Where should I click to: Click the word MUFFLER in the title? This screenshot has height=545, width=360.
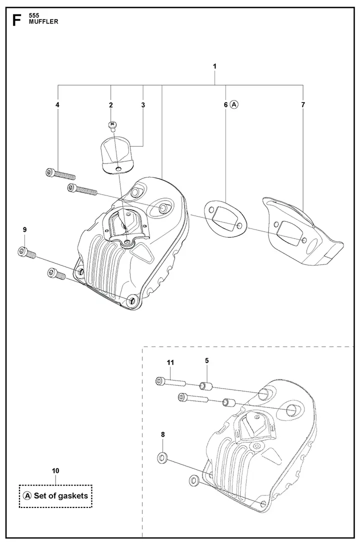point(43,22)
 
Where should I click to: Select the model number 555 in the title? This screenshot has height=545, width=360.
point(35,15)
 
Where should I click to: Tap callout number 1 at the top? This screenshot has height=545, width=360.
point(214,66)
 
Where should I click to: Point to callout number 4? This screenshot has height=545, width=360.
point(57,105)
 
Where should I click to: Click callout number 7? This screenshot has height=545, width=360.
point(303,105)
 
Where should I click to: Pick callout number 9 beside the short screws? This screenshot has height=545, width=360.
point(24,229)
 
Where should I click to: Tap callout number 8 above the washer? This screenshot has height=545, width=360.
point(163,435)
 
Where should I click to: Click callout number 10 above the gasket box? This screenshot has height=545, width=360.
point(55,470)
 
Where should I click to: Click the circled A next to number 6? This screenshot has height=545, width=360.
point(235,105)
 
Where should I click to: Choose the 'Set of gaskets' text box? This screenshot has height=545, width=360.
point(55,495)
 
